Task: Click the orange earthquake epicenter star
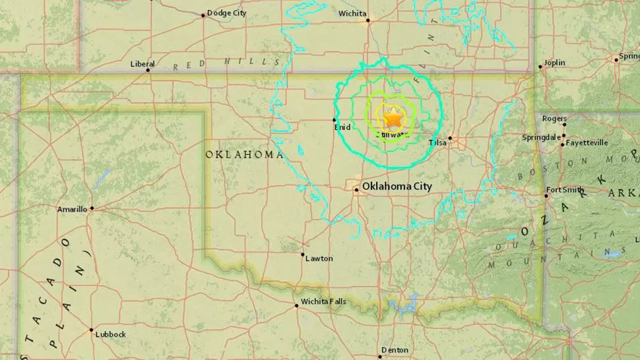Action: [x=393, y=118]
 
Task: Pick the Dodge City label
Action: [x=226, y=13]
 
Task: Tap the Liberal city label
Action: [x=143, y=64]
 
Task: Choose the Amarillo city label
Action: [x=72, y=209]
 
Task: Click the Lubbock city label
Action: [x=110, y=334]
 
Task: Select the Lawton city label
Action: [x=319, y=258]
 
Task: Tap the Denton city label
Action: [x=395, y=349]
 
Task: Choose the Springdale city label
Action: [x=541, y=138]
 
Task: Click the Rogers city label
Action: [x=554, y=119]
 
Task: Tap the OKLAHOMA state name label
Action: [x=244, y=154]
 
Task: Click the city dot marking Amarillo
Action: [x=92, y=208]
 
